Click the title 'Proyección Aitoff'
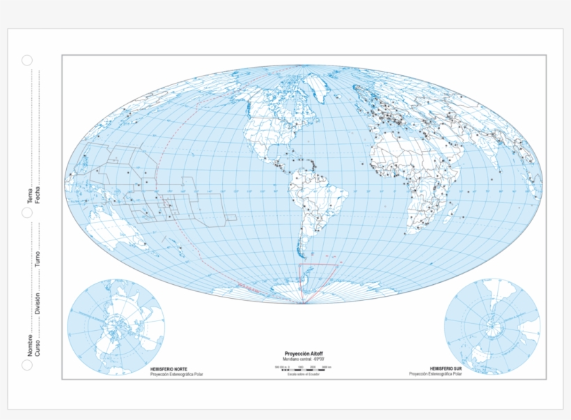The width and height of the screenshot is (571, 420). point(304,354)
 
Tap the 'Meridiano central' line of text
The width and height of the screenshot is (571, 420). point(304,359)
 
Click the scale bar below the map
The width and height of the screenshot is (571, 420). point(304,367)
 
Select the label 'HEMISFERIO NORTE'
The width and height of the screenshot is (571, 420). point(168,368)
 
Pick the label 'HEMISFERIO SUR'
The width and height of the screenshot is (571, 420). point(446,368)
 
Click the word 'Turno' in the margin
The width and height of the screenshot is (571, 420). point(38,260)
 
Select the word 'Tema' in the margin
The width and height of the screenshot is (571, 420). point(30,196)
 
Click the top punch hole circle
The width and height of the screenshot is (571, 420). point(26,61)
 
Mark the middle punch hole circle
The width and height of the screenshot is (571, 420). point(26,212)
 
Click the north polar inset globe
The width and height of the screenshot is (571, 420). point(116,327)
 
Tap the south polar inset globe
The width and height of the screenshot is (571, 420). point(492,327)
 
